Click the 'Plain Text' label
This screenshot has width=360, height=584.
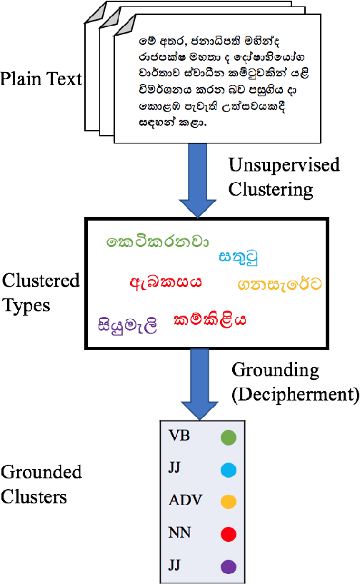pyautogui.click(x=41, y=78)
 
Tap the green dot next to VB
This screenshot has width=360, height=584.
pyautogui.click(x=228, y=437)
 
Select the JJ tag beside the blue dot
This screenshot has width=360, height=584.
pyautogui.click(x=176, y=468)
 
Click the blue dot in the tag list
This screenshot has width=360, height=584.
pyautogui.click(x=228, y=470)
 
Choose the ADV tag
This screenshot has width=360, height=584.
pyautogui.click(x=186, y=500)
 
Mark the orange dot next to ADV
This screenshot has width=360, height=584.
pyautogui.click(x=228, y=502)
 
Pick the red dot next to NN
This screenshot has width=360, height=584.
pyautogui.click(x=228, y=534)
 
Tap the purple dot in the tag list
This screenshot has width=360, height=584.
pyautogui.click(x=228, y=566)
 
